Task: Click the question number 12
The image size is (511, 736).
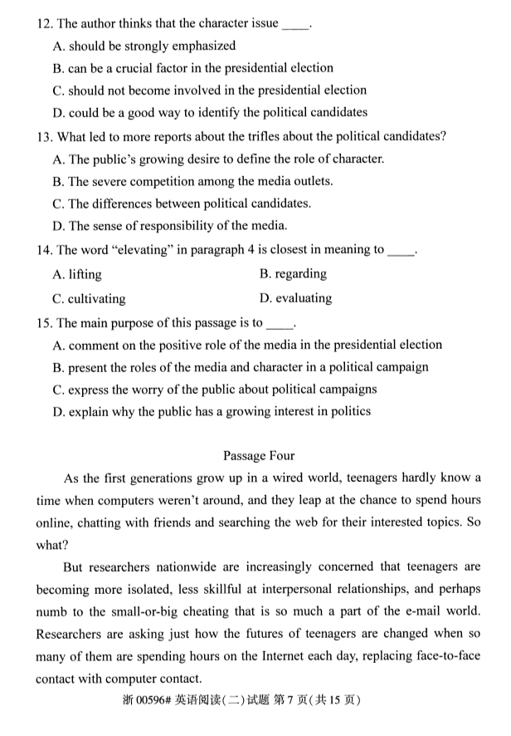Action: pos(45,23)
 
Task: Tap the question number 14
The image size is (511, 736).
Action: pos(45,248)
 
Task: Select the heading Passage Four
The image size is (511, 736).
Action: pos(258,455)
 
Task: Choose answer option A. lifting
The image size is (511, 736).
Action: pos(77,273)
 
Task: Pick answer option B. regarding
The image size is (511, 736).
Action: pos(293,273)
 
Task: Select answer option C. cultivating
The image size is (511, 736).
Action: pos(89,298)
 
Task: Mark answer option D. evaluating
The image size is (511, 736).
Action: pos(295,298)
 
